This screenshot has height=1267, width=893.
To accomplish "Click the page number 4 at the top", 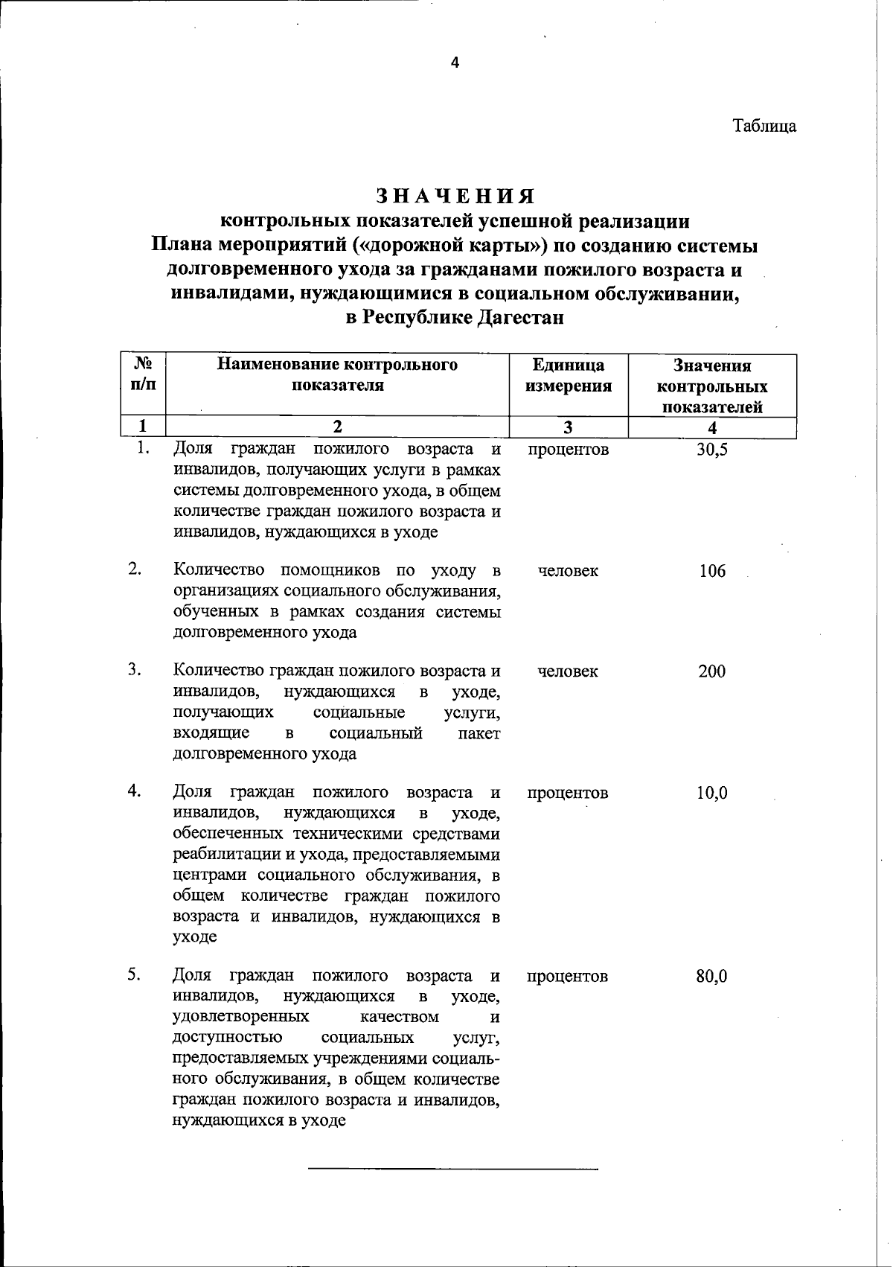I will (455, 63).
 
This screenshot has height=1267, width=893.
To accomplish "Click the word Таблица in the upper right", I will (764, 126).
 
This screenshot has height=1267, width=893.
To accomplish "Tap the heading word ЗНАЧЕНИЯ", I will (455, 196).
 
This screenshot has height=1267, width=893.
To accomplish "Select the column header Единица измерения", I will (569, 375).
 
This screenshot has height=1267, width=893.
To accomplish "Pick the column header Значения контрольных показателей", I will (712, 386).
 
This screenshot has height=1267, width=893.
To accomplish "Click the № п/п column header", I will (144, 374).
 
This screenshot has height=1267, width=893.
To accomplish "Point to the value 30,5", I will (712, 450).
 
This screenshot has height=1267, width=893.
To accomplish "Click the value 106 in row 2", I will (712, 572).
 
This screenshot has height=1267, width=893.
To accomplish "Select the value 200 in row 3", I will (712, 671).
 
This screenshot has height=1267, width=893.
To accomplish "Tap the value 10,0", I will (712, 794).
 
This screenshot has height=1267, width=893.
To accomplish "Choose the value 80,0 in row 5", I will (712, 976).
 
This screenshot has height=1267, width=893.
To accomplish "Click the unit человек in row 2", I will (568, 572).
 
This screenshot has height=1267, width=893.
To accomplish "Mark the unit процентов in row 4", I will (568, 794).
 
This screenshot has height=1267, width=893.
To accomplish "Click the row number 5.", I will (134, 974).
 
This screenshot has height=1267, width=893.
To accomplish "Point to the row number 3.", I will (134, 669).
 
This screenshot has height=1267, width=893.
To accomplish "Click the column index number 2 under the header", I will (337, 427).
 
